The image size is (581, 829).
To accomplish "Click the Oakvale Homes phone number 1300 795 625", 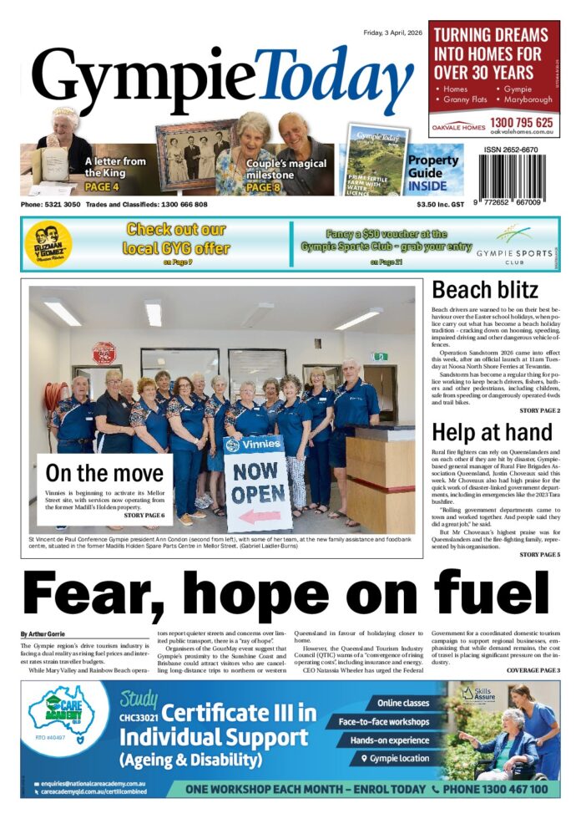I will (521, 122).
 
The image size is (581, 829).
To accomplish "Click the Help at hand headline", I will (492, 432).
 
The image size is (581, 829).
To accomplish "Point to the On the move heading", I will (105, 473).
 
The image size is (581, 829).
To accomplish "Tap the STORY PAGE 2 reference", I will (539, 411).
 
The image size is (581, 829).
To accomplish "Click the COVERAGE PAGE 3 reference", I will (533, 670).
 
